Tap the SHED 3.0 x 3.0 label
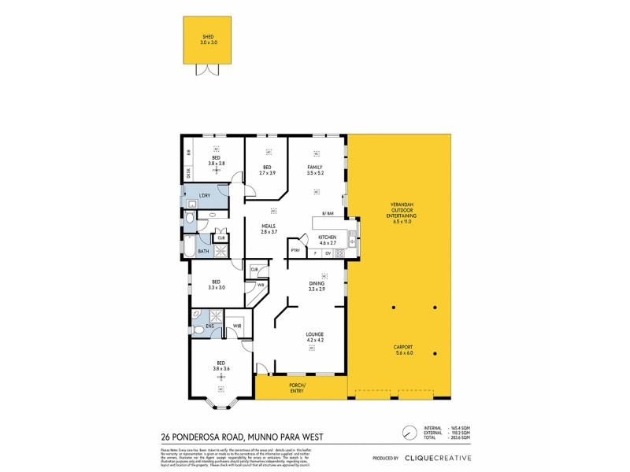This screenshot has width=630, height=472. [x=208, y=39]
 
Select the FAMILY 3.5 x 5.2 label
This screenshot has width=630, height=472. [x=316, y=169]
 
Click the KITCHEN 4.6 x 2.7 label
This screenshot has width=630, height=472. [x=327, y=240]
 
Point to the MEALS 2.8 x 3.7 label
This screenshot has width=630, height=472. [x=269, y=229]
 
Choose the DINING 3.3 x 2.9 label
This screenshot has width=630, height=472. [x=316, y=286]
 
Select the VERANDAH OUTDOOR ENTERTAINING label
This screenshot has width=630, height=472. [x=402, y=214]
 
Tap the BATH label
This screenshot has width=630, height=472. [x=203, y=252]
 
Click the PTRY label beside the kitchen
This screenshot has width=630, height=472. [x=295, y=251]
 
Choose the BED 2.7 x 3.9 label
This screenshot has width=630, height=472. [x=267, y=169]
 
